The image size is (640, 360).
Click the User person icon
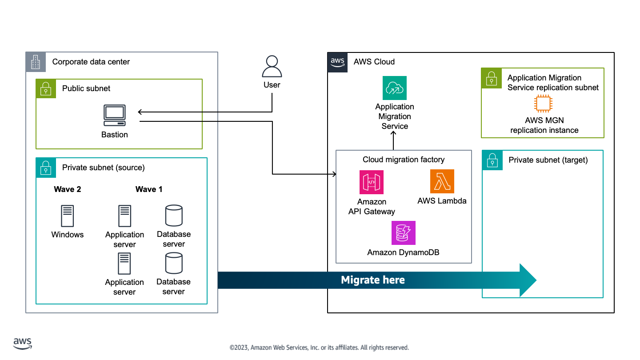[x=272, y=67]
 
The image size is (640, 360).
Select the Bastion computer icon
[x=115, y=116]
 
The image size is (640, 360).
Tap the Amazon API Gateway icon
[x=372, y=182]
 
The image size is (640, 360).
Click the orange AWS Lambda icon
[x=442, y=181]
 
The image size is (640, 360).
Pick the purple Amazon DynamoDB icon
[x=404, y=233]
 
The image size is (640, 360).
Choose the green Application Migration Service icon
[x=395, y=88]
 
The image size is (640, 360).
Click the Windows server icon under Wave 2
[x=68, y=216]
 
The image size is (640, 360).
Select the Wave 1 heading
[x=149, y=189]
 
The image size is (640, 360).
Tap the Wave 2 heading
[x=68, y=189]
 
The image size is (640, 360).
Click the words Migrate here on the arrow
[x=373, y=280]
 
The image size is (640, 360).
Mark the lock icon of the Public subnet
[x=46, y=89]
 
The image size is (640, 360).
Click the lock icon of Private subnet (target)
[x=492, y=160]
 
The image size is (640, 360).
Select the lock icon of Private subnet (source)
[x=46, y=168]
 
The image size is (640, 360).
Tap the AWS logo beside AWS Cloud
[x=338, y=62]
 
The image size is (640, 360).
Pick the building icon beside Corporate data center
[x=36, y=62]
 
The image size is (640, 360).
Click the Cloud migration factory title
[x=404, y=160]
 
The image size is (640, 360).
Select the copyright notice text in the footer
[x=319, y=348]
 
